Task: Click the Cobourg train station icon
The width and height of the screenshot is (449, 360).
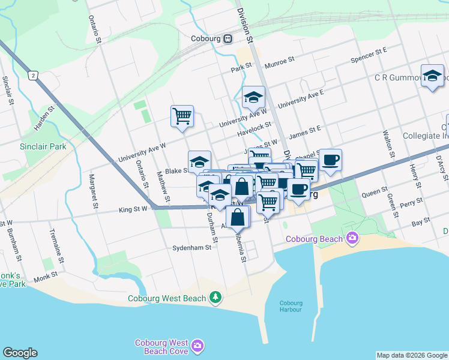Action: pos(228,39)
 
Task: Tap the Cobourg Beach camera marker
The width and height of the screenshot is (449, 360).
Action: pos(352,238)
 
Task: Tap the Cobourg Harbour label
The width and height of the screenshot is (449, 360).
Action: pos(291,306)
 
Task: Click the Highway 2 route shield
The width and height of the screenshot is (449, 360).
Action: pos(32,76)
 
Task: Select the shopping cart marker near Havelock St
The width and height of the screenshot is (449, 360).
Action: pos(182,115)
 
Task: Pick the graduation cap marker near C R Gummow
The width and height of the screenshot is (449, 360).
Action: pos(432,75)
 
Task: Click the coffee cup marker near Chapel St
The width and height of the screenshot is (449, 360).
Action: pos(330,160)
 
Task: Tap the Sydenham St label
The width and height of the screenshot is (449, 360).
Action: pos(192,247)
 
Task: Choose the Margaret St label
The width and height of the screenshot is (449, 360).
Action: pos(93,191)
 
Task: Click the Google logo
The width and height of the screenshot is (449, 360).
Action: pos(20,353)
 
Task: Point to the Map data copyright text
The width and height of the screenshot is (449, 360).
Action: pos(412,355)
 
